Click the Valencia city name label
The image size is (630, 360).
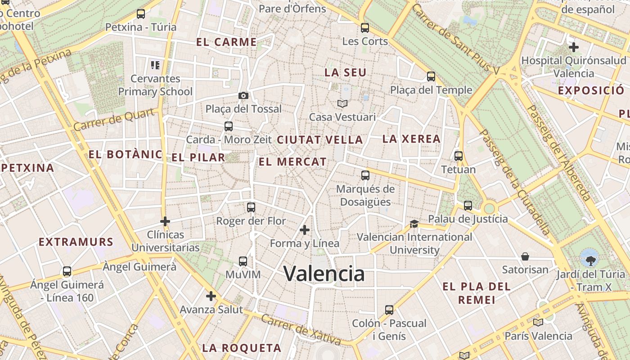324,274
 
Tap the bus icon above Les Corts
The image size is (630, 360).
365,28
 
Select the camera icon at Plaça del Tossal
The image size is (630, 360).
243,95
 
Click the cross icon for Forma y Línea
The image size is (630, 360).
305,230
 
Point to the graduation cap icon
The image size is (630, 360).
414,224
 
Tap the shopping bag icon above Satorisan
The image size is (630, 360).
525,256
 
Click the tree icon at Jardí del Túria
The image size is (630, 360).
589,258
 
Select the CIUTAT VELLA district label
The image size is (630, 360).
320,140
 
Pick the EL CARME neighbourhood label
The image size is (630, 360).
226,42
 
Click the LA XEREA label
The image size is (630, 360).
411,139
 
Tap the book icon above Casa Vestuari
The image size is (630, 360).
342,104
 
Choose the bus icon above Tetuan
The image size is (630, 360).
459,156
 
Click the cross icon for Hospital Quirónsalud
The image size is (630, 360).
573,47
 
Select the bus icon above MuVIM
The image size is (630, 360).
243,261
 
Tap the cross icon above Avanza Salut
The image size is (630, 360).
211,296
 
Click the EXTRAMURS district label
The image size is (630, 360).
76,242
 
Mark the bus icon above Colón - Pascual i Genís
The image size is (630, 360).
389,310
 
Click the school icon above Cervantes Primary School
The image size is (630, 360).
155,65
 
